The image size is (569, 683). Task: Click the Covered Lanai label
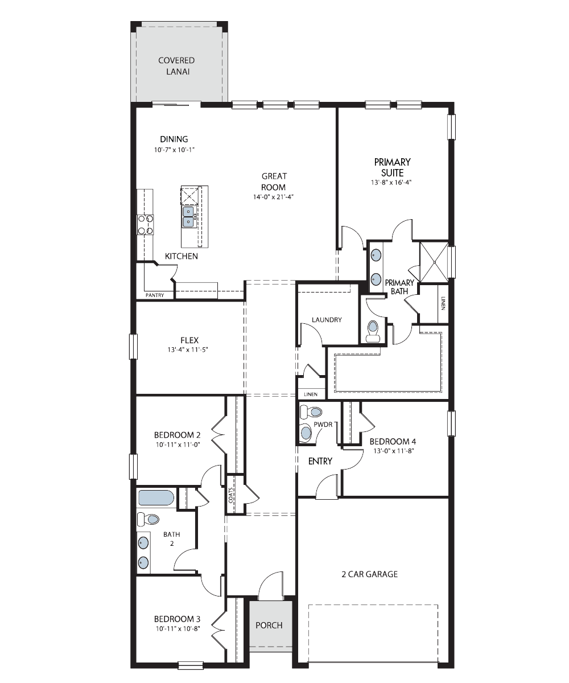[176, 66]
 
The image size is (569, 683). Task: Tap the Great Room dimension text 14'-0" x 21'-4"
[273, 197]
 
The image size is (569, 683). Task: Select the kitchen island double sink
[188, 217]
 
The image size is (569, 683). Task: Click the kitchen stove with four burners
[145, 225]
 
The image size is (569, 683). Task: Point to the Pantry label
[155, 295]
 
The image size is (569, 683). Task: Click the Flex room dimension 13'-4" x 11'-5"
[188, 349]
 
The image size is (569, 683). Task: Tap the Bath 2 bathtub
[156, 497]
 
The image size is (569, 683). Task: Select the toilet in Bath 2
[148, 519]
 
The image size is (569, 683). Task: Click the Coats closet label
[231, 495]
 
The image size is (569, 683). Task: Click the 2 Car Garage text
[369, 574]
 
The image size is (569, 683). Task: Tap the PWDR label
[323, 425]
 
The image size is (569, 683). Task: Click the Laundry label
[327, 319]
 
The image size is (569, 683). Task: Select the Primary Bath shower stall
[434, 262]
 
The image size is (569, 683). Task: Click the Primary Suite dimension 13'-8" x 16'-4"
[391, 183]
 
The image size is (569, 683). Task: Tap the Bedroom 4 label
[393, 441]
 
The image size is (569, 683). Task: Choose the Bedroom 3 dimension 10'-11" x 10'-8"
[178, 628]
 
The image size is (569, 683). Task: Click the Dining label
[174, 139]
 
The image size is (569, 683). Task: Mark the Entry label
[320, 461]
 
